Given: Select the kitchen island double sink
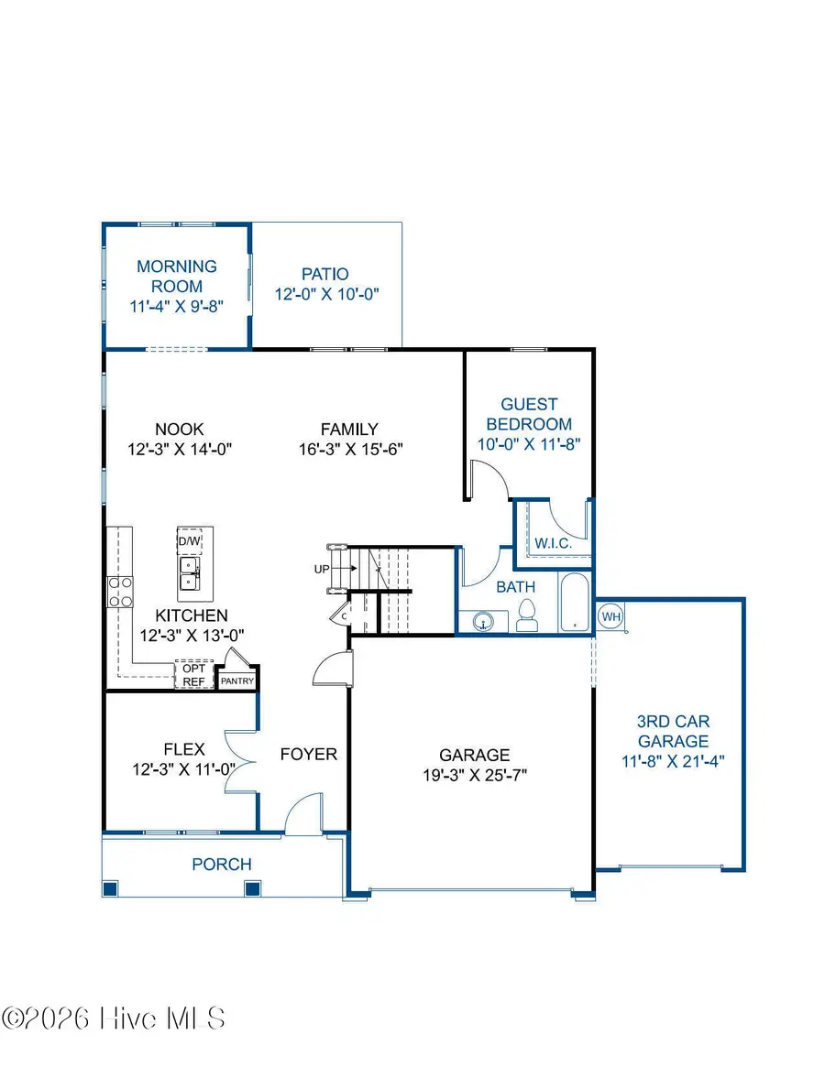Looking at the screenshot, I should [x=190, y=575].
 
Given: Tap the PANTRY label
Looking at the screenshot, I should [x=236, y=681].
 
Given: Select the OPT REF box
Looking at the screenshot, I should [x=192, y=675].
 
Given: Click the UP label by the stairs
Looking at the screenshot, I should [x=322, y=570].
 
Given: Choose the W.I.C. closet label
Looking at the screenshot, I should [x=553, y=543].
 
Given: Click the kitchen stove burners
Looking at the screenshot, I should [x=120, y=592].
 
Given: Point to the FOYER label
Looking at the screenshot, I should [x=309, y=755].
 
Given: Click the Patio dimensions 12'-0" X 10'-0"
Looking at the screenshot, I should [x=326, y=294].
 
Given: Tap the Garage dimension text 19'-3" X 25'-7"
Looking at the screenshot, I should [x=474, y=775].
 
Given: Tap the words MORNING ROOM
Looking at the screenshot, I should [x=177, y=276].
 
